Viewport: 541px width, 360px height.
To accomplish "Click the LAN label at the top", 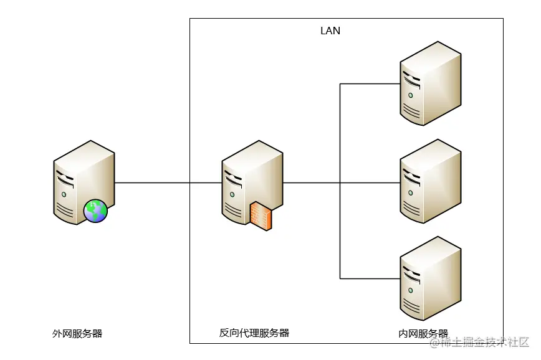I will click(330, 30).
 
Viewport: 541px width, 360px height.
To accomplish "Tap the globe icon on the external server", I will click(95, 211).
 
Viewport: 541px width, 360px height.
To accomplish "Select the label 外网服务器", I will click(77, 334).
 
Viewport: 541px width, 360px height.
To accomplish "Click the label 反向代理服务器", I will click(254, 333).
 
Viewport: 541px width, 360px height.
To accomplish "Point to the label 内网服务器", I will click(423, 334).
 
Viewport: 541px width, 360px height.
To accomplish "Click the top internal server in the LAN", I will click(430, 83).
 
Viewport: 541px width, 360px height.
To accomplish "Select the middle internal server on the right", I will click(430, 181).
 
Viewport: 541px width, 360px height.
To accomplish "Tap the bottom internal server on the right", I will click(430, 278).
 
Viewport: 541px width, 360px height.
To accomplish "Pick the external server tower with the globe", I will click(83, 181).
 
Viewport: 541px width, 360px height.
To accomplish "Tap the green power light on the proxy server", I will click(231, 194).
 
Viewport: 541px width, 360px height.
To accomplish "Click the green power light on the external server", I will click(63, 194).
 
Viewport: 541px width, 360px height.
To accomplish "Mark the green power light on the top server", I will click(410, 95).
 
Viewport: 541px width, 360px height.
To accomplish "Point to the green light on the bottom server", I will click(410, 290).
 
